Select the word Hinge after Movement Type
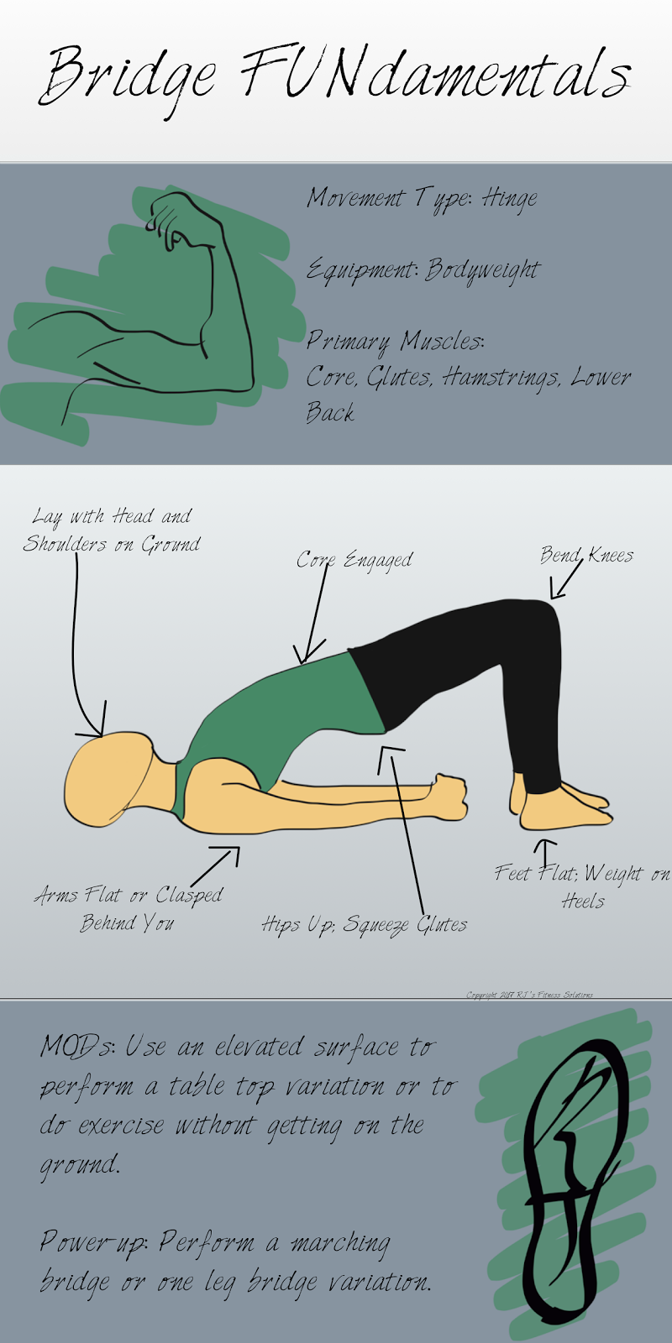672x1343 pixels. pyautogui.click(x=509, y=200)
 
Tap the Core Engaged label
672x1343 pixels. pyautogui.click(x=354, y=560)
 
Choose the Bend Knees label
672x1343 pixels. pyautogui.click(x=586, y=555)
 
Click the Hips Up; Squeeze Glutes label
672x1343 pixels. pyautogui.click(x=364, y=925)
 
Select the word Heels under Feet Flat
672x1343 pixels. pyautogui.click(x=583, y=902)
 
